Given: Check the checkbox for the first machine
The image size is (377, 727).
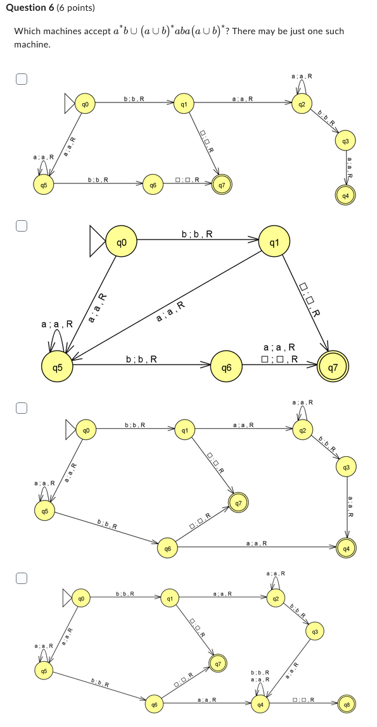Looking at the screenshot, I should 22,79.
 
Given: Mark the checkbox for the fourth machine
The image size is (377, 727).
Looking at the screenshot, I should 22,578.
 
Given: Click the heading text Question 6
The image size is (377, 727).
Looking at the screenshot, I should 38,8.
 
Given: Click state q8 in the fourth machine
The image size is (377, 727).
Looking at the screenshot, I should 347,704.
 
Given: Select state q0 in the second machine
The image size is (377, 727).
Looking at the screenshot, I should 122,242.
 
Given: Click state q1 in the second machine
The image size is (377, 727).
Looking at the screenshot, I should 274,242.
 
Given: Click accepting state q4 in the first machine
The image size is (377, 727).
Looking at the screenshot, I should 345,196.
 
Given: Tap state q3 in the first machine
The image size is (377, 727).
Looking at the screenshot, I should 345,140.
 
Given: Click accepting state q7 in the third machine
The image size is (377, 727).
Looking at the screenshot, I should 238,504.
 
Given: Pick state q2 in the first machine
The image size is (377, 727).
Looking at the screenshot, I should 302,103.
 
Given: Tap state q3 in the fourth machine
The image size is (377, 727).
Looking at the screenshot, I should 314,631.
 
